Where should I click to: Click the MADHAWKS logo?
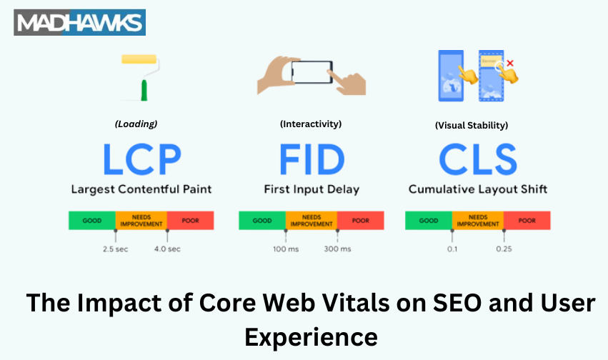79,23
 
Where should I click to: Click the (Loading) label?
136,124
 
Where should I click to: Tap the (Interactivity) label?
310,124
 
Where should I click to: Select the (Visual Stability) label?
472,125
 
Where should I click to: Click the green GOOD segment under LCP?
92,221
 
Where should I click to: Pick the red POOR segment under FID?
360,221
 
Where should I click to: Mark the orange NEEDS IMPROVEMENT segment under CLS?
478,221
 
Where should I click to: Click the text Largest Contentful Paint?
141,190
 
